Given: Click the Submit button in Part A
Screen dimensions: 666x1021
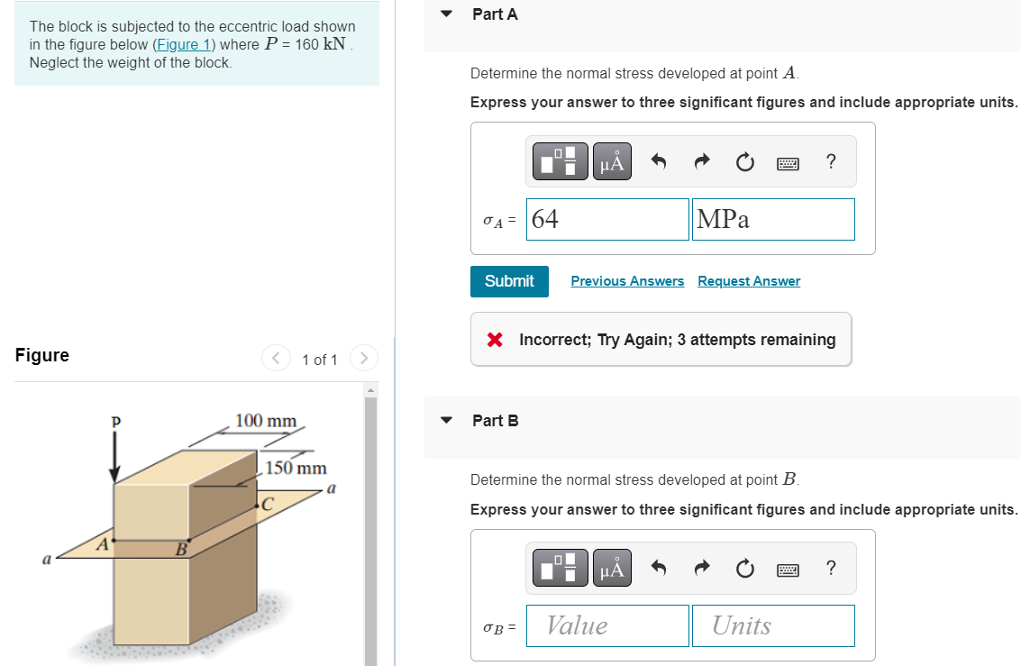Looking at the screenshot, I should pos(509,281).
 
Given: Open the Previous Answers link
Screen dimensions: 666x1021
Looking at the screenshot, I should pos(627,281).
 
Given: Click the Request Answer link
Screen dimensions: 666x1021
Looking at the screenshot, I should pos(748,281).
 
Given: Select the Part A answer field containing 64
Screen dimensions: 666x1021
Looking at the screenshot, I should pos(607,220).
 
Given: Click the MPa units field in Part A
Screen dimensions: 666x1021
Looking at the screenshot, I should pos(773,220).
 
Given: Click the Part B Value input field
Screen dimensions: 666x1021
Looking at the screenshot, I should pos(607,625).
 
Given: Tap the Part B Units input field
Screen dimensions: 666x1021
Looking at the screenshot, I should pos(773,625).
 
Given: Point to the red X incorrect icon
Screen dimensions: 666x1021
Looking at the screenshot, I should pos(494,340).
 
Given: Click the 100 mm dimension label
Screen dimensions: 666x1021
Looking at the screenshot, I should pos(266,421).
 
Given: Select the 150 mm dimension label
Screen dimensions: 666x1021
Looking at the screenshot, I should pos(296,468).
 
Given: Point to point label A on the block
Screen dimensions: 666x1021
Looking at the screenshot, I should pos(104,543).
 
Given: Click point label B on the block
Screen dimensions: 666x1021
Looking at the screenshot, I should pos(180,548).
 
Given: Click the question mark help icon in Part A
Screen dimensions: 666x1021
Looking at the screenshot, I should pos(830,162).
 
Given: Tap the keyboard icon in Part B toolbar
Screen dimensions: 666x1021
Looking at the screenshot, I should pos(789,569).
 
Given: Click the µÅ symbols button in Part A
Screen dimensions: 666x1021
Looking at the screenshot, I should pos(611,162).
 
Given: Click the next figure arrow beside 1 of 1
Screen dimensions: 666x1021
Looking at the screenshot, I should pos(363,359).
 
